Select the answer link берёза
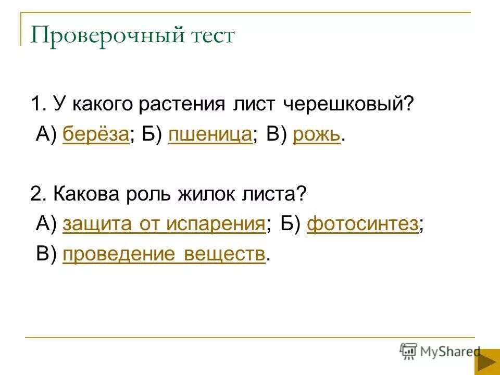pyautogui.click(x=96, y=135)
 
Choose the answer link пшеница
pyautogui.click(x=210, y=135)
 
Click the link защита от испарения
pyautogui.click(x=164, y=224)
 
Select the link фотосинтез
pyautogui.click(x=362, y=224)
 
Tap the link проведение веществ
pyautogui.click(x=164, y=255)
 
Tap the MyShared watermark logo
pyautogui.click(x=440, y=352)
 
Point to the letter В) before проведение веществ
pyautogui.click(x=46, y=255)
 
